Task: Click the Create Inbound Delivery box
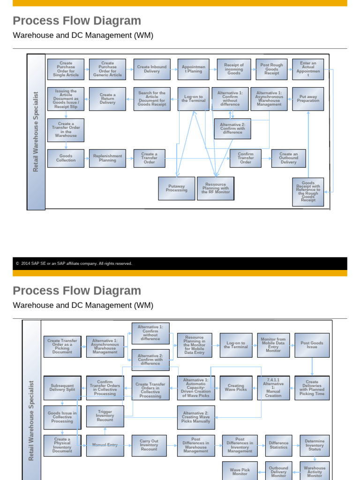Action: click(152, 69)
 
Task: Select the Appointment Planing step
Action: click(194, 69)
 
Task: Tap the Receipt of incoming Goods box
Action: click(233, 69)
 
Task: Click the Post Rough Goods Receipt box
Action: click(271, 69)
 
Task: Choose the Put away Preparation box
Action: click(308, 99)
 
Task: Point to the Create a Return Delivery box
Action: click(107, 99)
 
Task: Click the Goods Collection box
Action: click(66, 158)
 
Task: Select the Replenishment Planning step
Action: click(107, 158)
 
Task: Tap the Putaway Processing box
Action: click(176, 188)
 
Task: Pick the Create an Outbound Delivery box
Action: click(288, 158)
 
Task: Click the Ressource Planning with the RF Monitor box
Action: click(216, 188)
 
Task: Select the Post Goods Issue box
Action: click(312, 345)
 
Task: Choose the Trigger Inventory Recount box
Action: click(105, 416)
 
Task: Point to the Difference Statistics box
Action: click(278, 445)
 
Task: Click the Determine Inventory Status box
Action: click(315, 445)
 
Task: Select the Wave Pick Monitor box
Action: click(240, 471)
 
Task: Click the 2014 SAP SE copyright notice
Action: click(74, 263)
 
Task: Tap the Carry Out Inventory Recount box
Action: click(149, 445)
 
